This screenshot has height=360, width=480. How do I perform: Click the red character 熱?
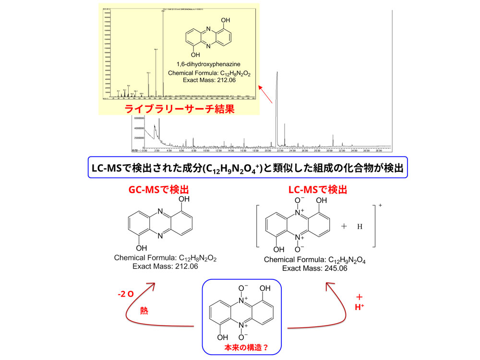click(144, 311)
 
